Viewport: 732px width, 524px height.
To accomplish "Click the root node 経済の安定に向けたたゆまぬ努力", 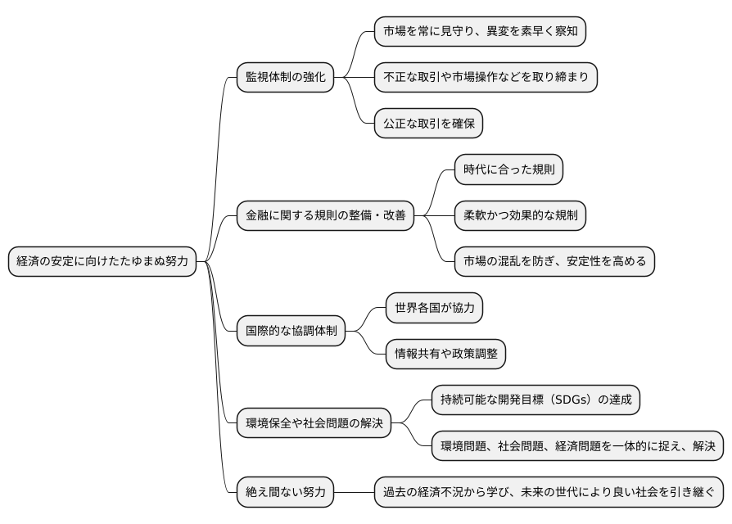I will point(102,262).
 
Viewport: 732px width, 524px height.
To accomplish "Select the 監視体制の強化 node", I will point(285,78).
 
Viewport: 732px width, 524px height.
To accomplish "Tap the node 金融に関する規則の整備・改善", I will point(325,216).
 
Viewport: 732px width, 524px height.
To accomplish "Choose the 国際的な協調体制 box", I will point(291,332).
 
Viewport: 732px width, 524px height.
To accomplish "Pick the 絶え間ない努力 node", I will point(285,492).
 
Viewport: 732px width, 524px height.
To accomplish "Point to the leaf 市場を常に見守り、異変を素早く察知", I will point(480,32).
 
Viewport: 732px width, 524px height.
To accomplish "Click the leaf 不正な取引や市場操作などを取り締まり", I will point(486,78).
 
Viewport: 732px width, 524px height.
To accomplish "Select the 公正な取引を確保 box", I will point(428,124).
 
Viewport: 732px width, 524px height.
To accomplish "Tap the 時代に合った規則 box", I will point(508,170).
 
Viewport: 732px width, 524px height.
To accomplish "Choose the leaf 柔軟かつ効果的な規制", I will point(520,216).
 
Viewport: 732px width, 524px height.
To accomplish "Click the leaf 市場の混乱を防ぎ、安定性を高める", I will point(554,262).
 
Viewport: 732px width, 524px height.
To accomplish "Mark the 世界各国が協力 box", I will point(434,309).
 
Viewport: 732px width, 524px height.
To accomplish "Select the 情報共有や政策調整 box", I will point(445,355).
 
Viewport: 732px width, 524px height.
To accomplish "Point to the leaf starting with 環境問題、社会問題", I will point(577,446).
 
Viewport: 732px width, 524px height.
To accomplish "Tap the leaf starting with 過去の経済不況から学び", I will point(549,492).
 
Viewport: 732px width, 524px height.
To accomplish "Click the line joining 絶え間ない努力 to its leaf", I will point(354,492).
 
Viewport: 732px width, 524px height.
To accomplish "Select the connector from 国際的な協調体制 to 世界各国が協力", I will point(365,320).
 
